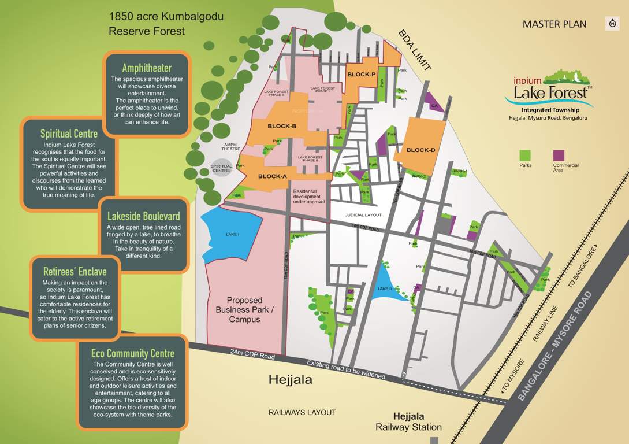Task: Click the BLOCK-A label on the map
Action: pos(273,177)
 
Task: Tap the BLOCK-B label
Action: pos(282,126)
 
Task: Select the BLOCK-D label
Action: pos(420,150)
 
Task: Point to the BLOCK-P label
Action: pos(362,75)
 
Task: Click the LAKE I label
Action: pos(232,234)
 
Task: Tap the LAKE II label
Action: pos(385,288)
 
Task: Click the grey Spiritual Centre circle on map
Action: pos(221,168)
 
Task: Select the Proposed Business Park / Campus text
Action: pos(244,310)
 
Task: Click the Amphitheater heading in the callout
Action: pos(147,68)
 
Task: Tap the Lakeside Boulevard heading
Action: pos(147,217)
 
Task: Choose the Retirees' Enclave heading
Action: pos(75,271)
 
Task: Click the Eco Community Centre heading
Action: pos(133,353)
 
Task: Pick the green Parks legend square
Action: pos(525,156)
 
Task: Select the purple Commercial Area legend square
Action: pos(559,156)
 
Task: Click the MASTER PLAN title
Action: pos(554,24)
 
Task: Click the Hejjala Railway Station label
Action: pos(408,422)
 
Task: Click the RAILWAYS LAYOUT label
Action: pos(302,412)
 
